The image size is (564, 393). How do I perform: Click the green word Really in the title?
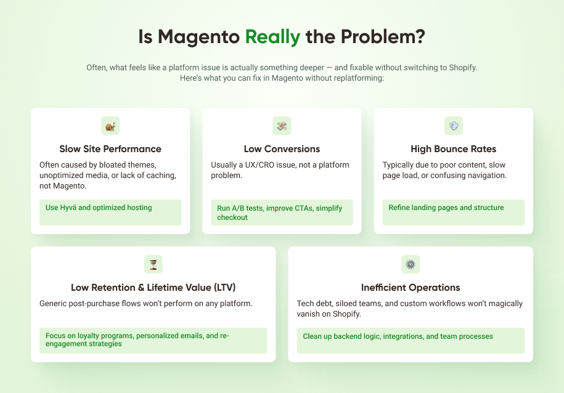[x=272, y=37]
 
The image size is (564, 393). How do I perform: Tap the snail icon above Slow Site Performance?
[x=110, y=126]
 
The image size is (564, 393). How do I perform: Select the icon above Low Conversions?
[x=282, y=126]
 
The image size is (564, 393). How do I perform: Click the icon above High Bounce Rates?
[x=454, y=126]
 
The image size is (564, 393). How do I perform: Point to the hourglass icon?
[x=153, y=265]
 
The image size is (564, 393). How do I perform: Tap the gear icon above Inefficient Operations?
[x=411, y=265]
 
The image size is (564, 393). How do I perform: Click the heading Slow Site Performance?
[x=110, y=149]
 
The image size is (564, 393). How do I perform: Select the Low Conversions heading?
[x=282, y=149]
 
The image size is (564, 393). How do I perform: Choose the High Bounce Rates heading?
[x=453, y=149]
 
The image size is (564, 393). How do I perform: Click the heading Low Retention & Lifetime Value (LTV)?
[x=153, y=288]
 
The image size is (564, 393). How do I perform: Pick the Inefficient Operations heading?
[x=411, y=288]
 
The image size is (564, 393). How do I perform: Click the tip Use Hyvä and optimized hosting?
[x=99, y=208]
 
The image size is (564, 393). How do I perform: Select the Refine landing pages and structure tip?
[x=446, y=208]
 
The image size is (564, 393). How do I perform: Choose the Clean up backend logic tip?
[x=398, y=336]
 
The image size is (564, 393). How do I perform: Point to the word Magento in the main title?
[x=198, y=37]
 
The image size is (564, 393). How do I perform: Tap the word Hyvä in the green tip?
[x=68, y=208]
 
